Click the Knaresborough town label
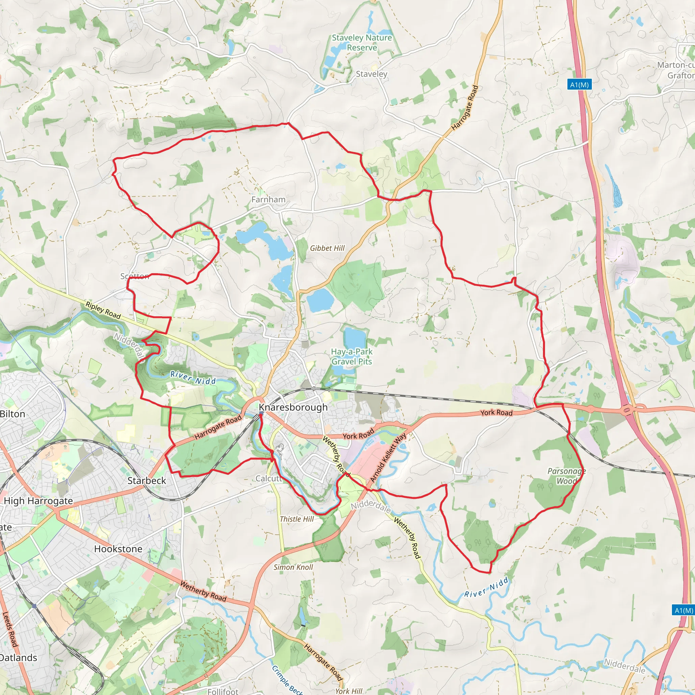click(293, 407)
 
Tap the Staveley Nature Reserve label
click(361, 42)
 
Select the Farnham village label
click(268, 199)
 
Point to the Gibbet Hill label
click(327, 248)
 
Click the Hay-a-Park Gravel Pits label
click(352, 357)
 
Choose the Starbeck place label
click(147, 481)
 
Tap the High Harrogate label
click(38, 501)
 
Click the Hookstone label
click(118, 549)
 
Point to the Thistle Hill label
click(297, 519)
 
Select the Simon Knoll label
click(293, 567)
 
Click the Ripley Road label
click(103, 310)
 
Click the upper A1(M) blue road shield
click(580, 85)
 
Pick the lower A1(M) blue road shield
click(683, 611)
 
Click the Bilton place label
click(13, 414)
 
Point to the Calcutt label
click(268, 478)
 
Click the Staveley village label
click(371, 74)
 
